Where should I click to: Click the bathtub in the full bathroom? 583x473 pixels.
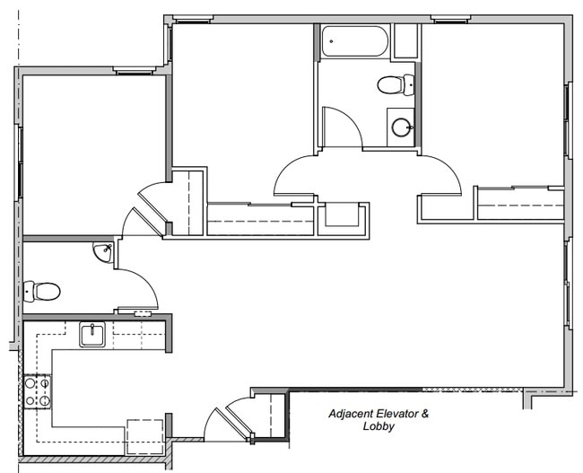tap(355, 41)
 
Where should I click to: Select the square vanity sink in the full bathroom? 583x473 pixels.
tap(401, 127)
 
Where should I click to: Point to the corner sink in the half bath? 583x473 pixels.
tap(103, 252)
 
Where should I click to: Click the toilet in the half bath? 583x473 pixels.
tap(42, 291)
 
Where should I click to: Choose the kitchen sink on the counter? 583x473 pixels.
tap(92, 336)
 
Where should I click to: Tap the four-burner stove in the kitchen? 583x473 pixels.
tap(38, 390)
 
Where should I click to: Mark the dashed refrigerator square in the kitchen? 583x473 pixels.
tap(144, 435)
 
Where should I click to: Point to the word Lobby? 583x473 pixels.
tap(379, 427)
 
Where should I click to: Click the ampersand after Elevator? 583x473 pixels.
tap(426, 414)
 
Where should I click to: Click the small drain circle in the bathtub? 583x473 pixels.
tap(330, 41)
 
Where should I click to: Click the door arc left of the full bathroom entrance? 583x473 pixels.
tap(294, 176)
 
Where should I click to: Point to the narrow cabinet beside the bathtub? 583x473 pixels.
tap(405, 41)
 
